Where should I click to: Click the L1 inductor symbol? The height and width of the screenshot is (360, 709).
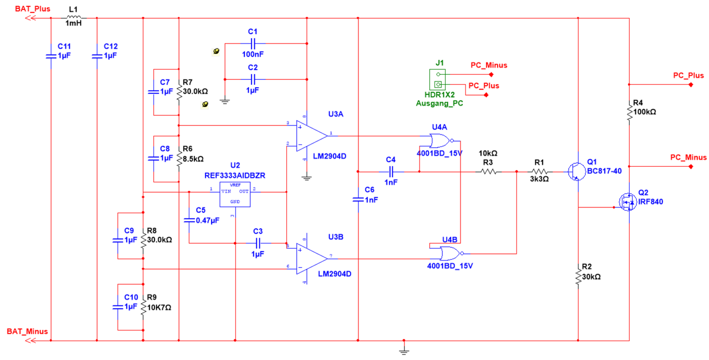click(74, 17)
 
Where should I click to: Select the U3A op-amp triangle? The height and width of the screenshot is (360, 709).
click(310, 136)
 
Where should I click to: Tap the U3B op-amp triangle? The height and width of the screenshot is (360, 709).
click(310, 258)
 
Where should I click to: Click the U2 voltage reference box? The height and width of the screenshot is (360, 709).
click(235, 194)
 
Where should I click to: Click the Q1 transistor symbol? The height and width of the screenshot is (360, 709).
click(576, 171)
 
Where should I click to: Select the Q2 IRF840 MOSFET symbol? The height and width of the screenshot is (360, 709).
click(627, 202)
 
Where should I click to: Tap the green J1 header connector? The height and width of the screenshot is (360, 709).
click(438, 79)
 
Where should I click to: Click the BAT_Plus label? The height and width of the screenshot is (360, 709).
click(32, 9)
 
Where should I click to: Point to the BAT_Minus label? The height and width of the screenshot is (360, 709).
click(27, 332)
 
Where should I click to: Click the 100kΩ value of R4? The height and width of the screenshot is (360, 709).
click(645, 112)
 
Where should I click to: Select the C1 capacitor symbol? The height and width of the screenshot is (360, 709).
click(253, 43)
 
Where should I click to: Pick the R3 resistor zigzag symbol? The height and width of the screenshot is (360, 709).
click(488, 172)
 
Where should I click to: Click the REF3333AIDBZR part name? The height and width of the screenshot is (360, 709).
click(235, 176)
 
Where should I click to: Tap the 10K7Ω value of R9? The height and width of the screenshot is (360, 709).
click(159, 307)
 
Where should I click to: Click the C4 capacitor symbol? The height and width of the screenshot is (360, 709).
click(391, 172)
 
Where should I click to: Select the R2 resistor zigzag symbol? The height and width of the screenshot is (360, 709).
click(578, 277)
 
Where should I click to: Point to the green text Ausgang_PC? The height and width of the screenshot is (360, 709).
click(439, 103)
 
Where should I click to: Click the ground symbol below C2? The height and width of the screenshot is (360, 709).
click(225, 101)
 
